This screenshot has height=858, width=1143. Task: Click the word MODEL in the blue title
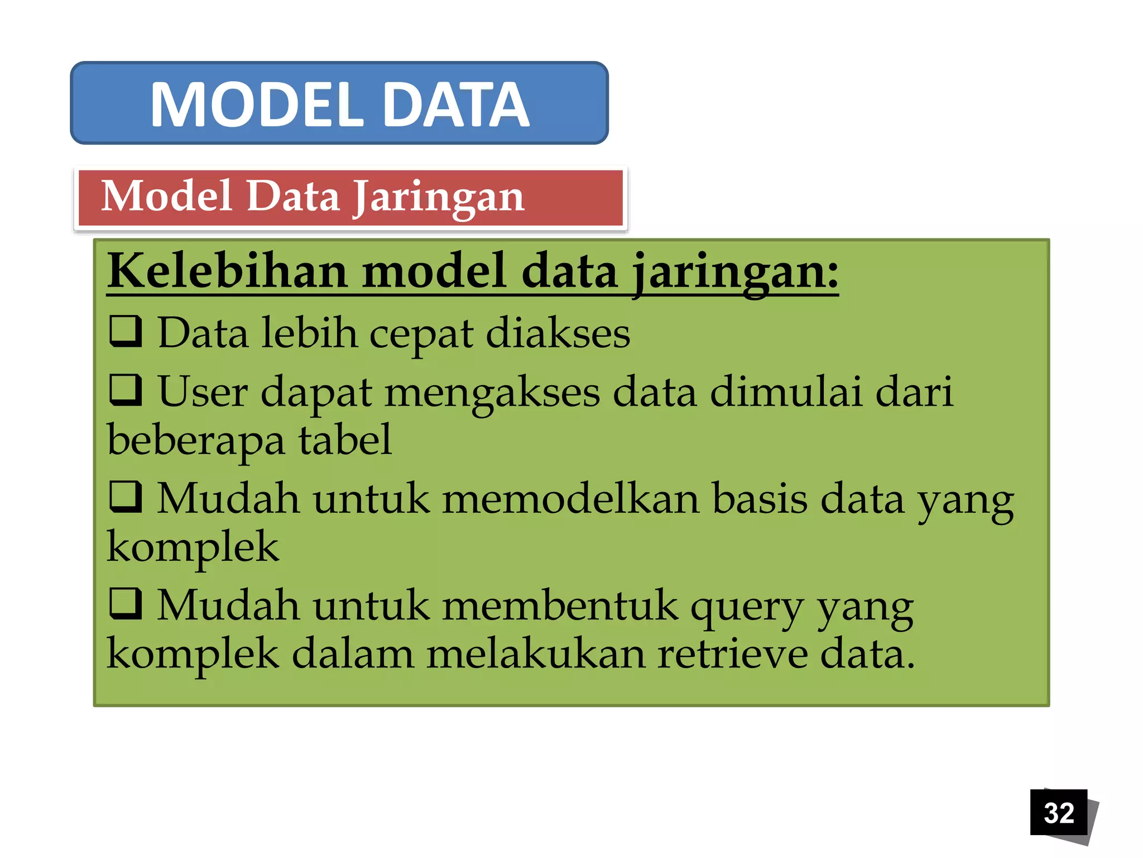pyautogui.click(x=257, y=104)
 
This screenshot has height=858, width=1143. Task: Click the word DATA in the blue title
pyautogui.click(x=456, y=104)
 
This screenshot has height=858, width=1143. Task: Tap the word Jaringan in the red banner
pyautogui.click(x=439, y=198)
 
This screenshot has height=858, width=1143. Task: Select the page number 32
pyautogui.click(x=1059, y=813)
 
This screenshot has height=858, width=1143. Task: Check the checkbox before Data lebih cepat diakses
pyautogui.click(x=126, y=331)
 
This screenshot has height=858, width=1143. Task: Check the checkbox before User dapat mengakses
pyautogui.click(x=126, y=389)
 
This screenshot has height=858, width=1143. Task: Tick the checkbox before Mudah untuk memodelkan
pyautogui.click(x=126, y=497)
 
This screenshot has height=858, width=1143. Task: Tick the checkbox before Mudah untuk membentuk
pyautogui.click(x=126, y=604)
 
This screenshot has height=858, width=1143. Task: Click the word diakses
pyautogui.click(x=558, y=333)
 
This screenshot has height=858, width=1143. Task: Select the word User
pyautogui.click(x=203, y=392)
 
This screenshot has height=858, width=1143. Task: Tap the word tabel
pyautogui.click(x=345, y=440)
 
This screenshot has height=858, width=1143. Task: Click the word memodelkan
pyautogui.click(x=570, y=498)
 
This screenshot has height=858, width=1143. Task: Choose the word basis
pyautogui.click(x=760, y=498)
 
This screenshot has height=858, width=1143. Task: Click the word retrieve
pyautogui.click(x=732, y=654)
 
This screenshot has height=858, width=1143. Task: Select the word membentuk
pyautogui.click(x=560, y=606)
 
